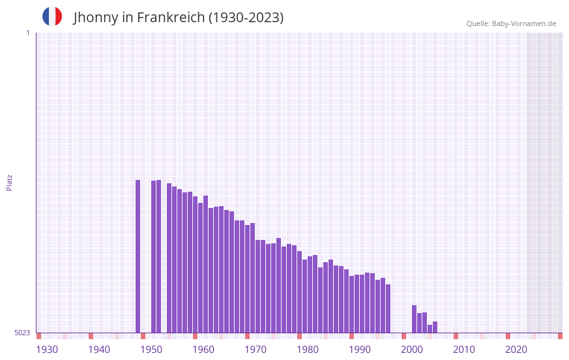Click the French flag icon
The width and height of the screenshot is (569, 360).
pyautogui.click(x=52, y=16)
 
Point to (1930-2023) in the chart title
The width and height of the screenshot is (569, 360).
pyautogui.click(x=246, y=18)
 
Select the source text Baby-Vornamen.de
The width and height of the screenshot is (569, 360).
pyautogui.click(x=523, y=23)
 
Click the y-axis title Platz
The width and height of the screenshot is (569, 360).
pyautogui.click(x=9, y=182)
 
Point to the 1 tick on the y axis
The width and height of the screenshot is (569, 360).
pyautogui.click(x=27, y=33)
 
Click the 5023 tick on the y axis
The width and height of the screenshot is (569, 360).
pyautogui.click(x=22, y=333)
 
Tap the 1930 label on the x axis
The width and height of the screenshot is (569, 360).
pyautogui.click(x=47, y=350)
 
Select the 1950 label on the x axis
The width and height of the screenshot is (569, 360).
pyautogui.click(x=151, y=350)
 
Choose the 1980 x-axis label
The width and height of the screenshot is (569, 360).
pyautogui.click(x=308, y=350)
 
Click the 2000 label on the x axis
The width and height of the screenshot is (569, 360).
pyautogui.click(x=412, y=350)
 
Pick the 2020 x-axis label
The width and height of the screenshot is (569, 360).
pyautogui.click(x=516, y=350)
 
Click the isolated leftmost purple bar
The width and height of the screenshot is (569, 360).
pyautogui.click(x=138, y=256)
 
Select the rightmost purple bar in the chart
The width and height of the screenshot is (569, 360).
pyautogui.click(x=435, y=327)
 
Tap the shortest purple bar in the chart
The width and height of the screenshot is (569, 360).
pyautogui.click(x=430, y=329)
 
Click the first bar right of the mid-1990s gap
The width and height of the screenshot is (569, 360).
pyautogui.click(x=415, y=319)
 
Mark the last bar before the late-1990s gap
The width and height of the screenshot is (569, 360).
pyautogui.click(x=388, y=308)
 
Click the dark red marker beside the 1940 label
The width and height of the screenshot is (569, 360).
pyautogui.click(x=91, y=336)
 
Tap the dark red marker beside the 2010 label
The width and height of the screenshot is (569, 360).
pyautogui.click(x=456, y=336)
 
